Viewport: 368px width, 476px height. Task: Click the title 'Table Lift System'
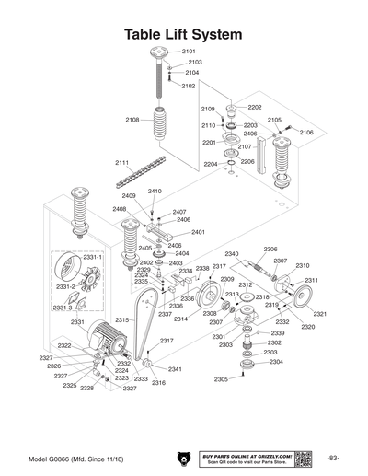(x=183, y=33)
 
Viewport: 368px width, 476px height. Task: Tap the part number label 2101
(x=189, y=51)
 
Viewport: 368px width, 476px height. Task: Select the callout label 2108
(x=132, y=120)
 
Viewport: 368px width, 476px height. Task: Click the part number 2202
(x=254, y=107)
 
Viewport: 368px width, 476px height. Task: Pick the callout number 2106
(x=305, y=133)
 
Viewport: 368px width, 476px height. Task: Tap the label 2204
(x=211, y=164)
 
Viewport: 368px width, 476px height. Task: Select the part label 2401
(x=198, y=232)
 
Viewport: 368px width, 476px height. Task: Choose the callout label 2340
(x=232, y=253)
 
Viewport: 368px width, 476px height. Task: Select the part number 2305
(x=221, y=379)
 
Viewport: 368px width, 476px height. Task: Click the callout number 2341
(x=175, y=369)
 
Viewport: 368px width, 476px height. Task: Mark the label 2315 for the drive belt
(x=121, y=319)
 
